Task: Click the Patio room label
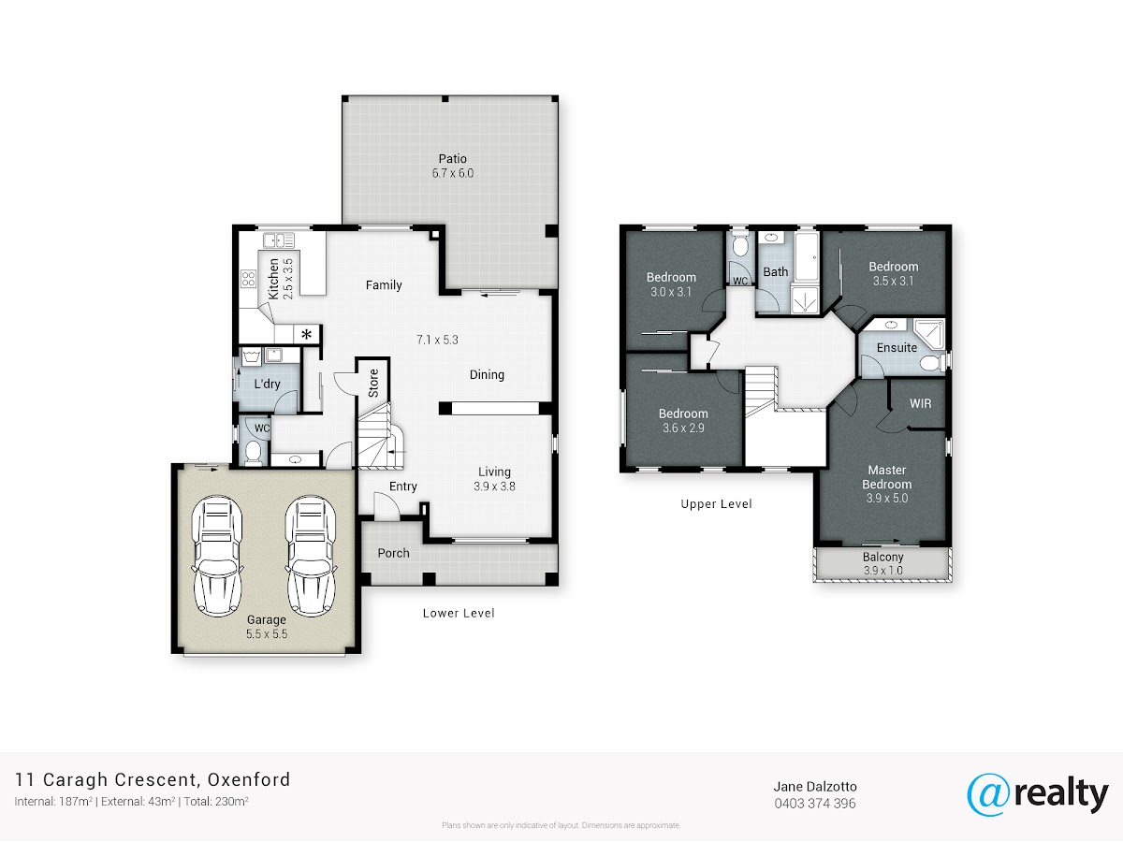pyautogui.click(x=452, y=158)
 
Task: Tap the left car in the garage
pyautogui.click(x=216, y=557)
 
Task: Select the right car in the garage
pyautogui.click(x=310, y=557)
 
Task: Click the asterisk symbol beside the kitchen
pyautogui.click(x=306, y=335)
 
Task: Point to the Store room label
pyautogui.click(x=373, y=383)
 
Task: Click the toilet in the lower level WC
pyautogui.click(x=253, y=453)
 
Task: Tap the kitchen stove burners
pyautogui.click(x=248, y=279)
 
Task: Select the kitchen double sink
pyautogui.click(x=279, y=240)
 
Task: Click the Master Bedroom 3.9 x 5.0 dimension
pyautogui.click(x=886, y=498)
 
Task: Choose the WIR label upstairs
pyautogui.click(x=921, y=403)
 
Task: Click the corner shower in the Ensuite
pyautogui.click(x=929, y=334)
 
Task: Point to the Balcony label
pyautogui.click(x=883, y=557)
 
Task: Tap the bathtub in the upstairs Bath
pyautogui.click(x=807, y=255)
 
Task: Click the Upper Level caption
pyautogui.click(x=716, y=504)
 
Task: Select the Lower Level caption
pyautogui.click(x=459, y=613)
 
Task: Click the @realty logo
pyautogui.click(x=1038, y=794)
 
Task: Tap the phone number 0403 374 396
pyautogui.click(x=815, y=804)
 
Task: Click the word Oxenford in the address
pyautogui.click(x=249, y=779)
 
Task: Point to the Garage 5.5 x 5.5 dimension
pyautogui.click(x=267, y=634)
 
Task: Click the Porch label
pyautogui.click(x=393, y=553)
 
